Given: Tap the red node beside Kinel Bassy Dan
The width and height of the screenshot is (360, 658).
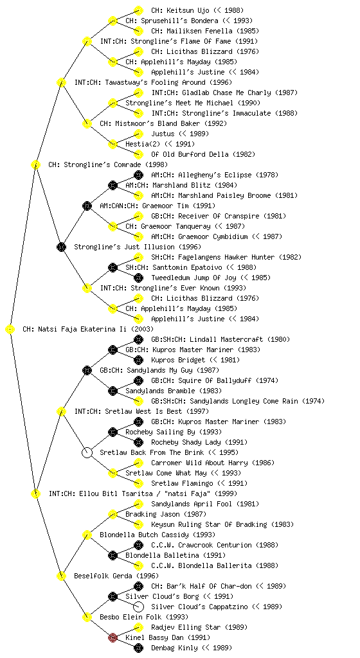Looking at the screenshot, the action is click(113, 638).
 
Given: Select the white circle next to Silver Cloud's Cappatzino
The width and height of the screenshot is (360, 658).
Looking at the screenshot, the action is click(138, 607).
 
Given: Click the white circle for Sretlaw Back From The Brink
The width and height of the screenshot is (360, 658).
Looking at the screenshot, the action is click(87, 453).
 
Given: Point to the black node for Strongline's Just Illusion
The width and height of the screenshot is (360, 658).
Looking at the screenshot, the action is click(61, 247).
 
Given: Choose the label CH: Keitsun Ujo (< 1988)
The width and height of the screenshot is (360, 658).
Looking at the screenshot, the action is click(197, 10).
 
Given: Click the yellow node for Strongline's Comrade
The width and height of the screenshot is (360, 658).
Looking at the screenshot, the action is click(35, 165).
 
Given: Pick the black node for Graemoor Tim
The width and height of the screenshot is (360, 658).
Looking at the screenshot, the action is click(87, 206).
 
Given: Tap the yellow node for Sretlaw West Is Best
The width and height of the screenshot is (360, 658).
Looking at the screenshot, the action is click(61, 412).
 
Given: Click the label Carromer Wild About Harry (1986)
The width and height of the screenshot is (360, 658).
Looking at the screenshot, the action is click(213, 463).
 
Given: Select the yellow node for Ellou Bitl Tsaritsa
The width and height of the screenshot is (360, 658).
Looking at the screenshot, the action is click(35, 494).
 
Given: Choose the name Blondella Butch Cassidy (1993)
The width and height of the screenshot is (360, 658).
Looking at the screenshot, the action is click(157, 535).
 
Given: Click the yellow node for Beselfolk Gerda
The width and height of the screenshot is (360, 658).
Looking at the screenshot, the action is click(61, 576).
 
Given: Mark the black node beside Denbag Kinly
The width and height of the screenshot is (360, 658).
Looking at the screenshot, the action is click(138, 648).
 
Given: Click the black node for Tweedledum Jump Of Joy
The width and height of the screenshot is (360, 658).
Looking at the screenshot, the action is click(138, 278).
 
